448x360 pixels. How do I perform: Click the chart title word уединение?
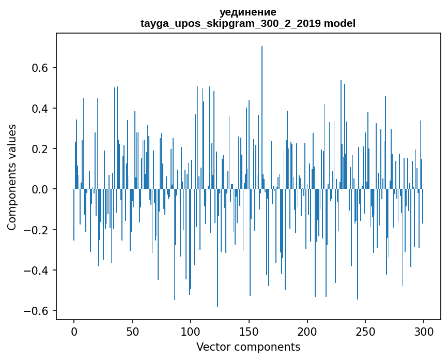pyautogui.click(x=248, y=12)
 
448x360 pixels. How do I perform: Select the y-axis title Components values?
pyautogui.click(x=12, y=177)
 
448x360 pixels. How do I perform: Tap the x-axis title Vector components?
pyautogui.click(x=248, y=347)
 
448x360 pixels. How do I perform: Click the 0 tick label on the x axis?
pyautogui.click(x=74, y=331)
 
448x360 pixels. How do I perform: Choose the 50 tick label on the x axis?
pyautogui.click(x=132, y=331)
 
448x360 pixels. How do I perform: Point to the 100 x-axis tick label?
pyautogui.click(x=191, y=331)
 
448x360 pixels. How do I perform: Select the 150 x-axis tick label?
pyautogui.click(x=249, y=331)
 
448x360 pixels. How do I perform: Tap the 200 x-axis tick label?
pyautogui.click(x=307, y=331)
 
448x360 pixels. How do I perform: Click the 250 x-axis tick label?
pyautogui.click(x=366, y=331)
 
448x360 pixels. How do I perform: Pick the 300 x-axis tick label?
pyautogui.click(x=424, y=331)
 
